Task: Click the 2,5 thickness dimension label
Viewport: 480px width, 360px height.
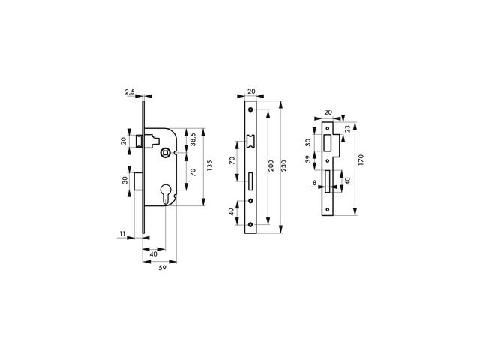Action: tap(130, 91)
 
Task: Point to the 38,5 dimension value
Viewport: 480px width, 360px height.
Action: tap(193, 139)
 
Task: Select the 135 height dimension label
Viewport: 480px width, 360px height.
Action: tap(209, 166)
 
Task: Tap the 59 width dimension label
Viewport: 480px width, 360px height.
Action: tap(162, 268)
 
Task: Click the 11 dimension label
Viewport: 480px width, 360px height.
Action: tap(123, 234)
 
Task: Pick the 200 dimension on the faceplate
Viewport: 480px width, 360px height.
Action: tap(271, 166)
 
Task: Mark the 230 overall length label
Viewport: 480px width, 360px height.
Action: tap(283, 166)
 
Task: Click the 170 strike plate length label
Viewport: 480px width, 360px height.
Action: tap(361, 160)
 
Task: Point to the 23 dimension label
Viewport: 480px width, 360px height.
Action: tap(348, 129)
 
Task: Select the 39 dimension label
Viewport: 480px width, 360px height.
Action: tap(308, 159)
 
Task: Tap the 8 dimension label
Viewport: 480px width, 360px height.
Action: tap(314, 183)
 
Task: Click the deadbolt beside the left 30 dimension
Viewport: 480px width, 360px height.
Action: tap(138, 181)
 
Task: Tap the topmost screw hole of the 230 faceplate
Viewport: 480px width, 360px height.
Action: tap(251, 109)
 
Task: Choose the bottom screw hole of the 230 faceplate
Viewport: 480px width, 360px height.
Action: tap(251, 225)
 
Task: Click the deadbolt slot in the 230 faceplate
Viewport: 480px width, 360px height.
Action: tap(250, 181)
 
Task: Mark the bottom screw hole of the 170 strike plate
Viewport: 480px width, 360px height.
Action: tap(328, 210)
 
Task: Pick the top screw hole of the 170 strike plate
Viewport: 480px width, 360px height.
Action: tap(328, 128)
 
